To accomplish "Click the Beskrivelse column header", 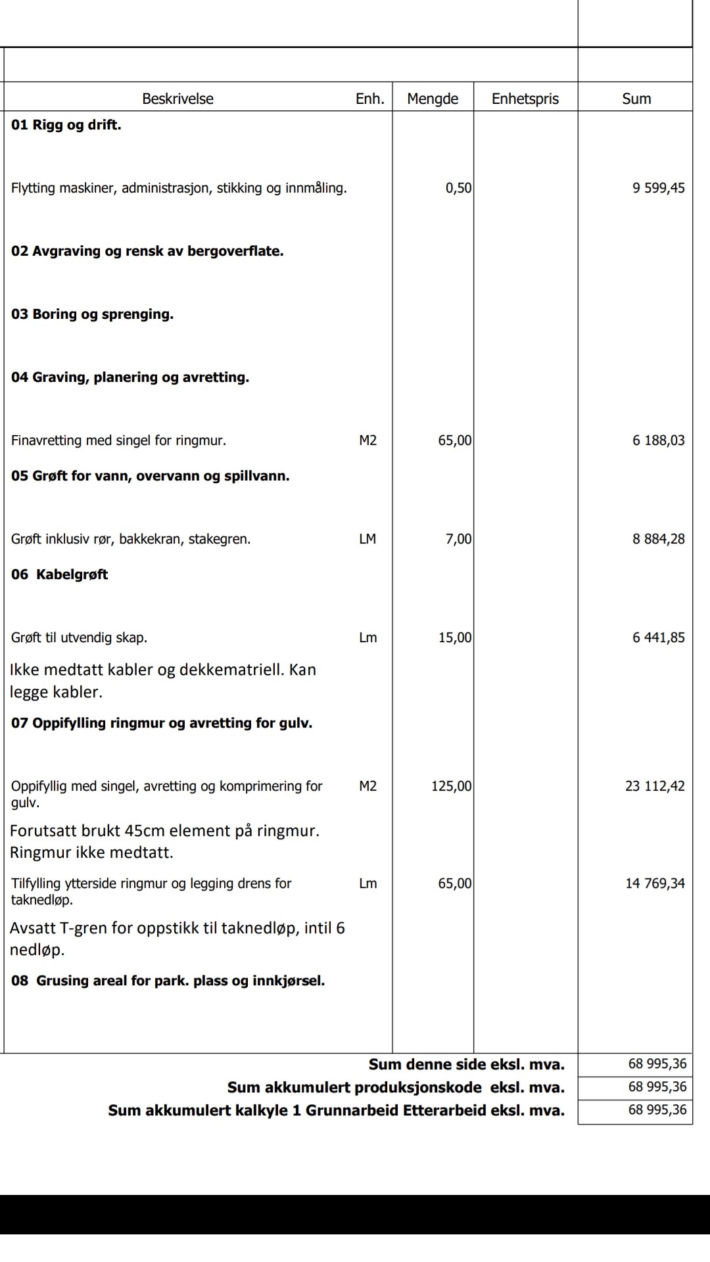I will (177, 99).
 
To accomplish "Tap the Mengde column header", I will (433, 99).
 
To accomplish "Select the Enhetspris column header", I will (525, 99).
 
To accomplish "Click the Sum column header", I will (636, 99).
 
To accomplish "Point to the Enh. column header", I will (369, 99).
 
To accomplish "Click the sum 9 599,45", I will (658, 188).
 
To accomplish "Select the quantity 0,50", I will (458, 188).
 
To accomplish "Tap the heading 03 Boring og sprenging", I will (92, 314).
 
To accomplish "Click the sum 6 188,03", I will (658, 440).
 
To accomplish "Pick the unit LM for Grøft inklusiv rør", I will (367, 539).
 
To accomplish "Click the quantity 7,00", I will (458, 539).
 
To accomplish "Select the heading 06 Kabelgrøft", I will (59, 574).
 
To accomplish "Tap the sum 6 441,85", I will (658, 638).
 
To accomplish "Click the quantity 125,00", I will (451, 786).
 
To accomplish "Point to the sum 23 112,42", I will (655, 786).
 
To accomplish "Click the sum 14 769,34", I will (655, 883).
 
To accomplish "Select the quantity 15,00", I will (455, 638).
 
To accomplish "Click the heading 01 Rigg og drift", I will (66, 125).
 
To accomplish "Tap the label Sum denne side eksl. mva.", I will (466, 1064).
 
